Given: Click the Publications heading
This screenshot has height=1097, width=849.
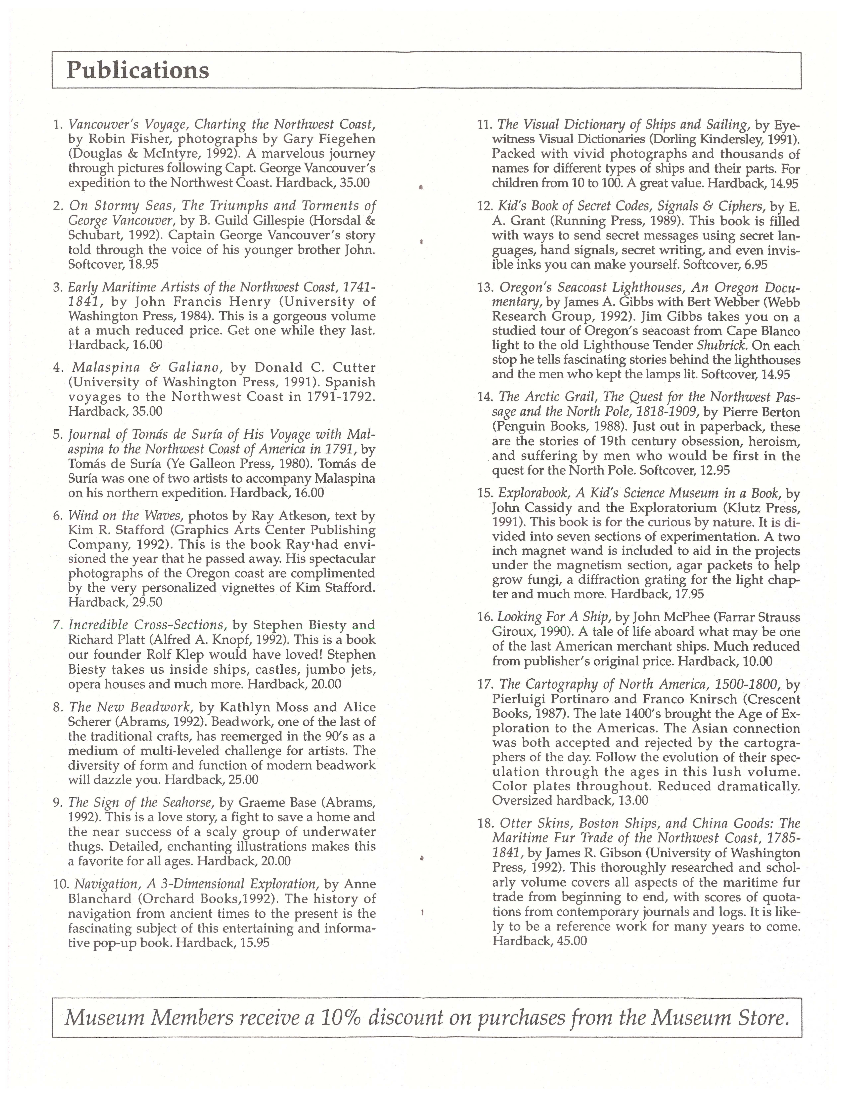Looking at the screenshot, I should click(138, 70).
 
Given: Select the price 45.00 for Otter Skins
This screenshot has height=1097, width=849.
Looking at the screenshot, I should click(572, 941).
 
